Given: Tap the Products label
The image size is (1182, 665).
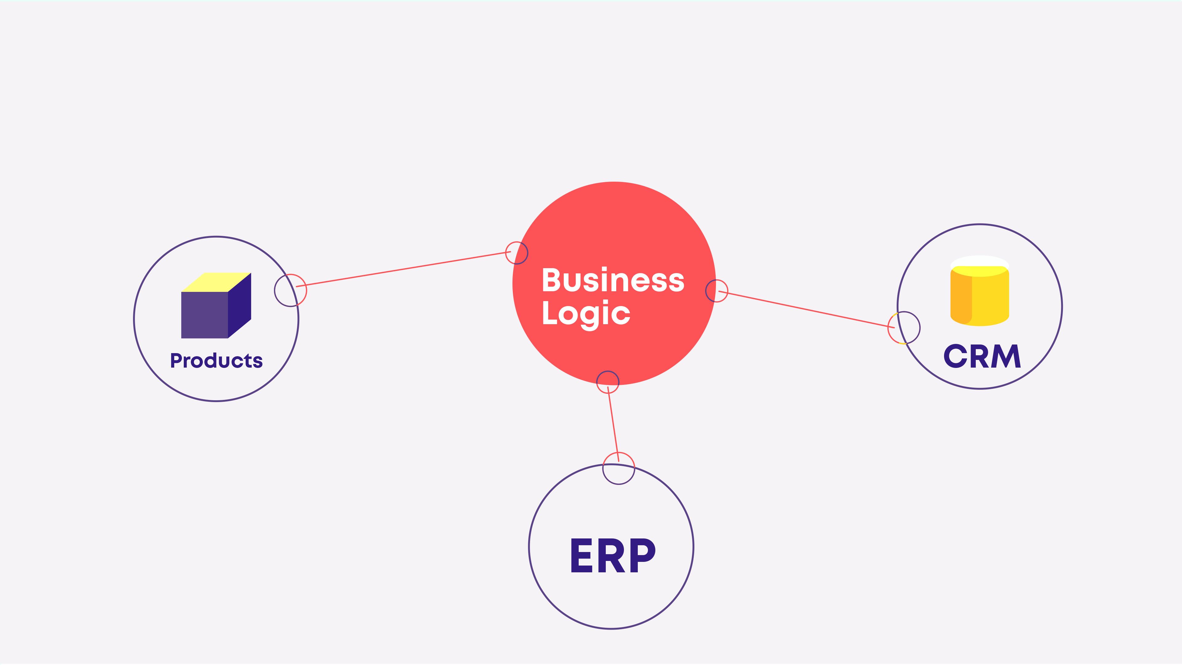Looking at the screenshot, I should [216, 361].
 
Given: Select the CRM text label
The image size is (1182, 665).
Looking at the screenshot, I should [982, 356].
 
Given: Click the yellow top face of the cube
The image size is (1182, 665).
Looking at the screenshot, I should [217, 282].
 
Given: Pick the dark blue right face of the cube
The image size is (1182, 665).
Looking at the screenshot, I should [239, 305].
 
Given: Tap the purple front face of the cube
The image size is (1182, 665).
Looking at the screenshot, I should [205, 315].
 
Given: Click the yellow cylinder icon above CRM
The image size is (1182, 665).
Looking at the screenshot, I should [987, 298].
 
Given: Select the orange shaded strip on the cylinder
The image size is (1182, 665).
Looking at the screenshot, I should [961, 298].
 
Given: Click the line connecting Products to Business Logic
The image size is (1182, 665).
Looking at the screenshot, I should [404, 269].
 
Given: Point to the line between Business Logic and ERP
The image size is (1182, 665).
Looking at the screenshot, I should [613, 423].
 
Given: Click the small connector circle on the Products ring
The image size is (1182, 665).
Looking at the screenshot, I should [290, 290].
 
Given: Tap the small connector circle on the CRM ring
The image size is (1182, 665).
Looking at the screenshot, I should [903, 328].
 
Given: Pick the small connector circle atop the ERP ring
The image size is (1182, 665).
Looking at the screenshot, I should [618, 468].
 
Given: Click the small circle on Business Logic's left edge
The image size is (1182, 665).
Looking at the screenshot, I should [517, 253].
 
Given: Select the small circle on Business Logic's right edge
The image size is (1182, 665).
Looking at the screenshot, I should [717, 291].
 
